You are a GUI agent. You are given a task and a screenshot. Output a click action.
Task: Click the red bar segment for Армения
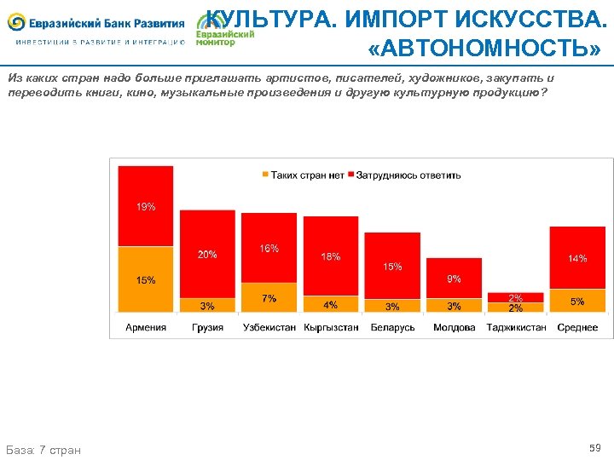point(146,206)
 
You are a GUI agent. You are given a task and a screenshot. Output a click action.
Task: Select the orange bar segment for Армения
point(146,279)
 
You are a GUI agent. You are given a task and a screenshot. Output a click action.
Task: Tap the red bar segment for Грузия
point(207,254)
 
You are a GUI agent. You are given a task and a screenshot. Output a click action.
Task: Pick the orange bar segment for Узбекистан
point(269,298)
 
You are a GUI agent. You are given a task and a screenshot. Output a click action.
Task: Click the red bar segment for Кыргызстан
point(331,256)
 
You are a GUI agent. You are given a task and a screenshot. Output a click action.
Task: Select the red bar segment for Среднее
point(577,257)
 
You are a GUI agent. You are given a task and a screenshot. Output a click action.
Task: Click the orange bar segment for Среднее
point(577,301)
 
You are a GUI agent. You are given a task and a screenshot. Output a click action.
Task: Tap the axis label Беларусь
point(392,327)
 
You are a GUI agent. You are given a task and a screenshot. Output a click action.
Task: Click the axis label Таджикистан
point(516,327)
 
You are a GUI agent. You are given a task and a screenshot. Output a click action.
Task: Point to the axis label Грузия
point(207,327)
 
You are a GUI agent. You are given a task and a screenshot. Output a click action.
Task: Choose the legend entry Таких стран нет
point(303,175)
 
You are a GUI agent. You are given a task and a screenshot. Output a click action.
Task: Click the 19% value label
point(146,207)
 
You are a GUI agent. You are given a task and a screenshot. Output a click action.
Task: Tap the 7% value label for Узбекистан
point(269,298)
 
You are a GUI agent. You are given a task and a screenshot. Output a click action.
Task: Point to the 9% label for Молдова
point(455,279)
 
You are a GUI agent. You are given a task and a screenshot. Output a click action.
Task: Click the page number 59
point(594,447)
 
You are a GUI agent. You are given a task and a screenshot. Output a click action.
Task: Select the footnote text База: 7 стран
point(43,449)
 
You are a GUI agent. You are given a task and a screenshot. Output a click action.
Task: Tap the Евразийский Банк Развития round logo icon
point(16,23)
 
